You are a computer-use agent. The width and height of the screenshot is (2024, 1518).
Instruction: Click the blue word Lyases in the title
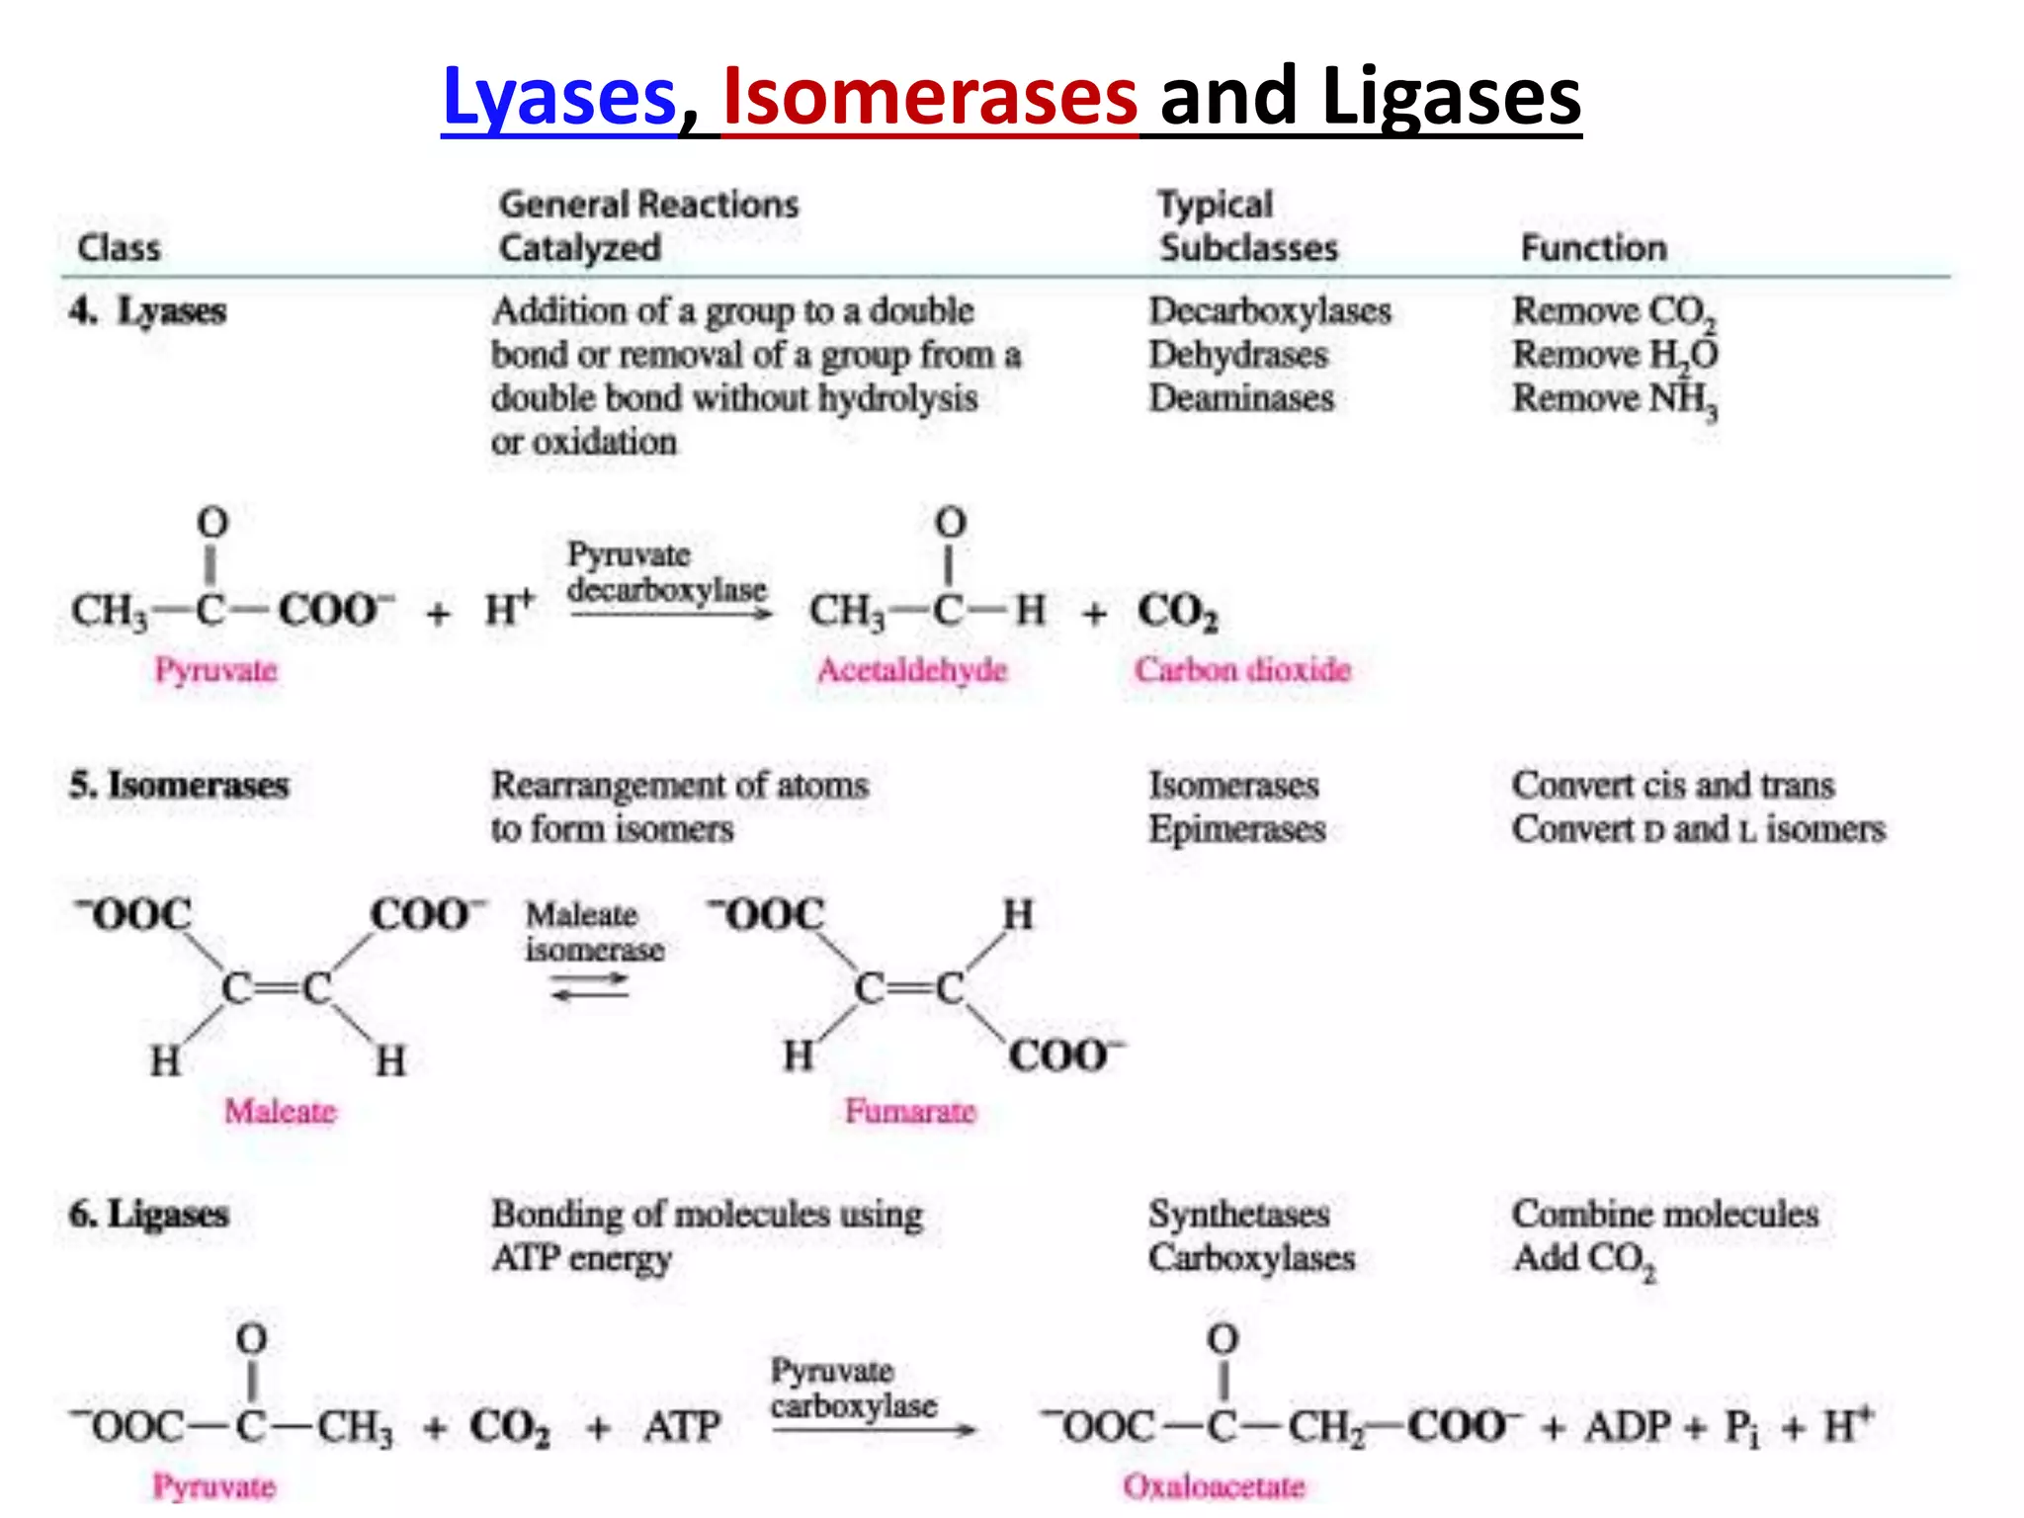[x=559, y=98]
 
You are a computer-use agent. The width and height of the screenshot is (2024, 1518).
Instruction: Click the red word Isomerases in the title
[x=930, y=98]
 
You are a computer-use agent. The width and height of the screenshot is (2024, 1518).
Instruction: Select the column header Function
[x=1593, y=247]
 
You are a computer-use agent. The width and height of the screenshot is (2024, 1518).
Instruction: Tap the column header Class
[x=119, y=247]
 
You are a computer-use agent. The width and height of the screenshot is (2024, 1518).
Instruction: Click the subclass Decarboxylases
[x=1270, y=311]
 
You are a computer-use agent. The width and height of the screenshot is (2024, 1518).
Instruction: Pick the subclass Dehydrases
[x=1238, y=355]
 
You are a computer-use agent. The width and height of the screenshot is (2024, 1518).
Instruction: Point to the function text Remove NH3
[x=1615, y=399]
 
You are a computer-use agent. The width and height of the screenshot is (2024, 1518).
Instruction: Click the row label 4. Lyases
[x=148, y=311]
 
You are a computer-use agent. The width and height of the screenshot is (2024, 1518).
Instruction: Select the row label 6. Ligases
[x=149, y=1214]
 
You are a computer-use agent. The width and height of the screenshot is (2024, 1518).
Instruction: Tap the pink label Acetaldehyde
[x=911, y=670]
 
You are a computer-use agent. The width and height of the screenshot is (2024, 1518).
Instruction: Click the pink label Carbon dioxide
[x=1242, y=670]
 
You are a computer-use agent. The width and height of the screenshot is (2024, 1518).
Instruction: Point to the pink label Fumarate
[x=910, y=1112]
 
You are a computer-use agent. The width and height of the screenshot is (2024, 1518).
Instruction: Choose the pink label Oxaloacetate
[x=1214, y=1486]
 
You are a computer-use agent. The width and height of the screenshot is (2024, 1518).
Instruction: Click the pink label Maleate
[x=281, y=1112]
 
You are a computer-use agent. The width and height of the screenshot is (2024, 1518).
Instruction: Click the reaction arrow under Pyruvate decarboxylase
[x=670, y=615]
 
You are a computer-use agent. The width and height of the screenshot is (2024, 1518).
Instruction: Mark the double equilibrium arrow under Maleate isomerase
[x=590, y=986]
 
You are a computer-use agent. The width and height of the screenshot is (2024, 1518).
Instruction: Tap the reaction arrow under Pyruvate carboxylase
[x=874, y=1429]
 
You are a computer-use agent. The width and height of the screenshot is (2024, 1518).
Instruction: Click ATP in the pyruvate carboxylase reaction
[x=682, y=1427]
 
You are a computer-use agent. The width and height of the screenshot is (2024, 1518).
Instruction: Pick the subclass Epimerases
[x=1237, y=829]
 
